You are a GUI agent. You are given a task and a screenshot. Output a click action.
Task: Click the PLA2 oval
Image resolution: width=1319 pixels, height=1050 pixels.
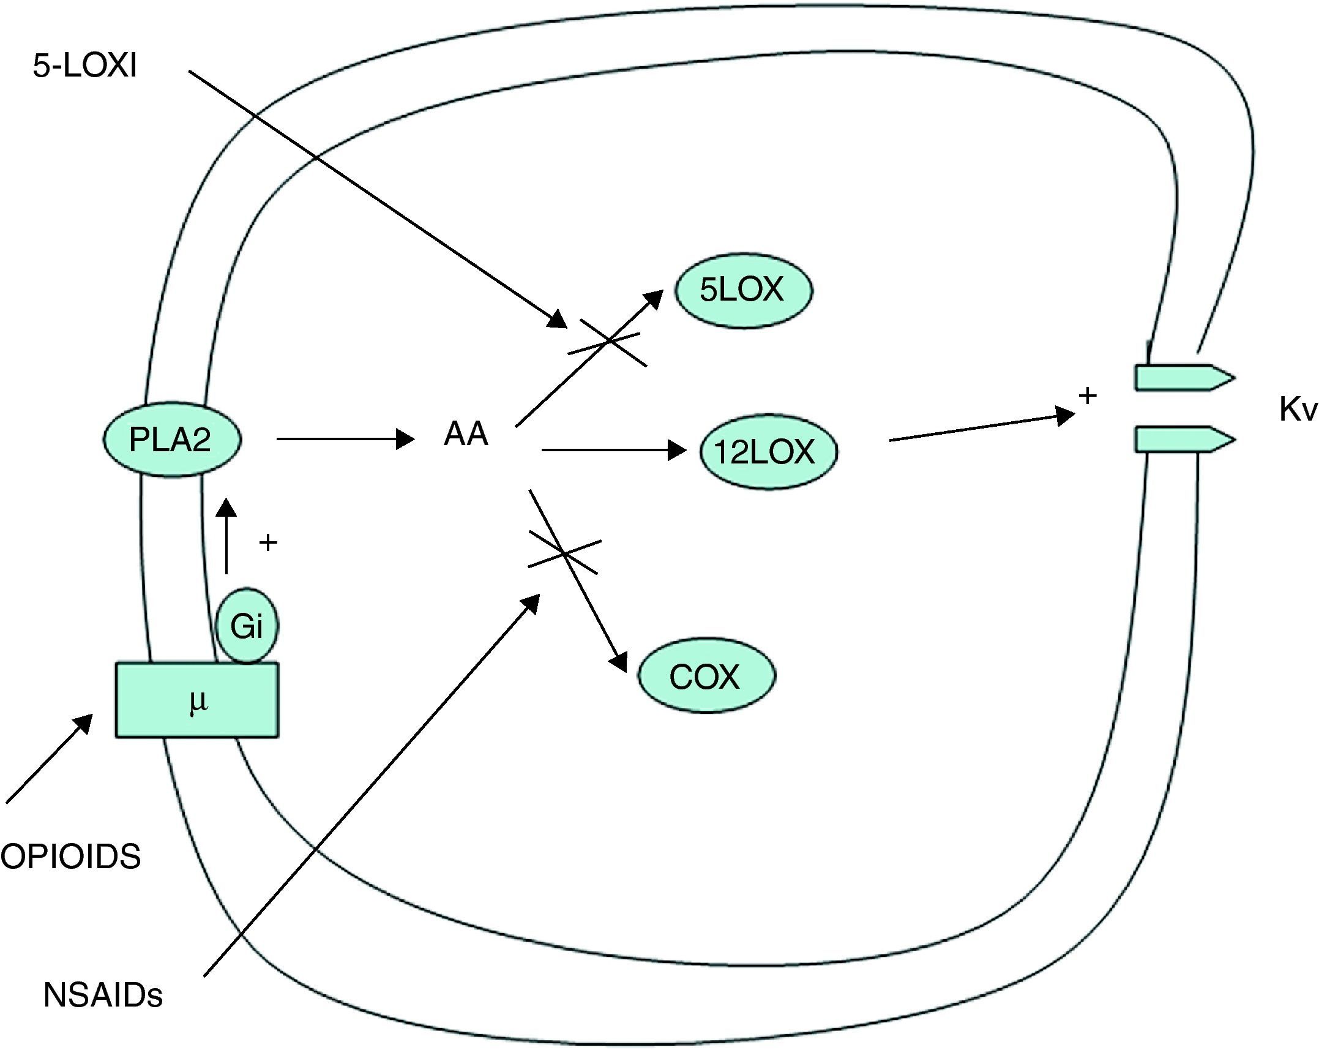(x=171, y=439)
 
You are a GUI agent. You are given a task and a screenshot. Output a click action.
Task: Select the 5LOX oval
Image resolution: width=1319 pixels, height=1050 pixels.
(x=743, y=291)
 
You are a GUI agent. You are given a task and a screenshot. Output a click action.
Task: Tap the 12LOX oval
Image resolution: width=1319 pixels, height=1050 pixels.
(x=768, y=452)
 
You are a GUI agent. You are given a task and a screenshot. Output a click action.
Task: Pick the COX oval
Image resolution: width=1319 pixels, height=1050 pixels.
(x=706, y=677)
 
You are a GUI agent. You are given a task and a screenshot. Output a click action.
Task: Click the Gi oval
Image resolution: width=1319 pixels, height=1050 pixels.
(x=247, y=626)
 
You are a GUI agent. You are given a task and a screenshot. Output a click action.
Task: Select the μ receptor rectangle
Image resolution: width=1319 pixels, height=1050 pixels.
(x=197, y=700)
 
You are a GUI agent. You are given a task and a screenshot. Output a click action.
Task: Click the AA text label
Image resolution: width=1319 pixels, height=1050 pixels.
(x=466, y=435)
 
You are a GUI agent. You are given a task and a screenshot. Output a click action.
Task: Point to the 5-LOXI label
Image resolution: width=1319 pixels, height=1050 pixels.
(x=84, y=66)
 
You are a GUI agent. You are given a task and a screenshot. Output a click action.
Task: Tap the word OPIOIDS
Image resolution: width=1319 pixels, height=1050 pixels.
(x=71, y=856)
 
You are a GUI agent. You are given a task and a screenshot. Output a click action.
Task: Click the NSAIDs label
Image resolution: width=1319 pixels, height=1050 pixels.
(x=103, y=995)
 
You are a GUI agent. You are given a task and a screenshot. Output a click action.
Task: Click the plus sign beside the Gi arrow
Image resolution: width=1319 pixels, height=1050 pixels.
(x=268, y=542)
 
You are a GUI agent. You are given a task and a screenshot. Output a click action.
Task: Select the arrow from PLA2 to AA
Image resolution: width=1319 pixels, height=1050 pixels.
(x=346, y=439)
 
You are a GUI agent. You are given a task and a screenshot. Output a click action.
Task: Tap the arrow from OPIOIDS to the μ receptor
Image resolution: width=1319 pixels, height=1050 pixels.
(x=49, y=759)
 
